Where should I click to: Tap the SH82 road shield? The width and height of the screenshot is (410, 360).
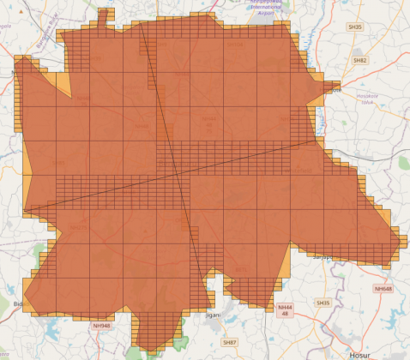pyautogui.click(x=360, y=61)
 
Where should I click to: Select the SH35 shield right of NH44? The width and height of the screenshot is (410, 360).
pyautogui.click(x=323, y=303)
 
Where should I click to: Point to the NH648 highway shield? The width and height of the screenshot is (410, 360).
pyautogui.click(x=383, y=289)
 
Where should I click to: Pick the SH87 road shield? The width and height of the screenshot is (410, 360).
pyautogui.click(x=229, y=342)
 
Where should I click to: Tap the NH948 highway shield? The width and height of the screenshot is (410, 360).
pyautogui.click(x=101, y=326)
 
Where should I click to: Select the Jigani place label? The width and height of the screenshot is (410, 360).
pyautogui.click(x=212, y=315)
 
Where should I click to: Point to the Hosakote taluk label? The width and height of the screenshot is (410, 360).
pyautogui.click(x=367, y=99)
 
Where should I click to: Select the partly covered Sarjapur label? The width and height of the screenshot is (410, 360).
pyautogui.click(x=322, y=255)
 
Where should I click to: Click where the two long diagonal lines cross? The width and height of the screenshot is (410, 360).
pyautogui.click(x=178, y=175)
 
